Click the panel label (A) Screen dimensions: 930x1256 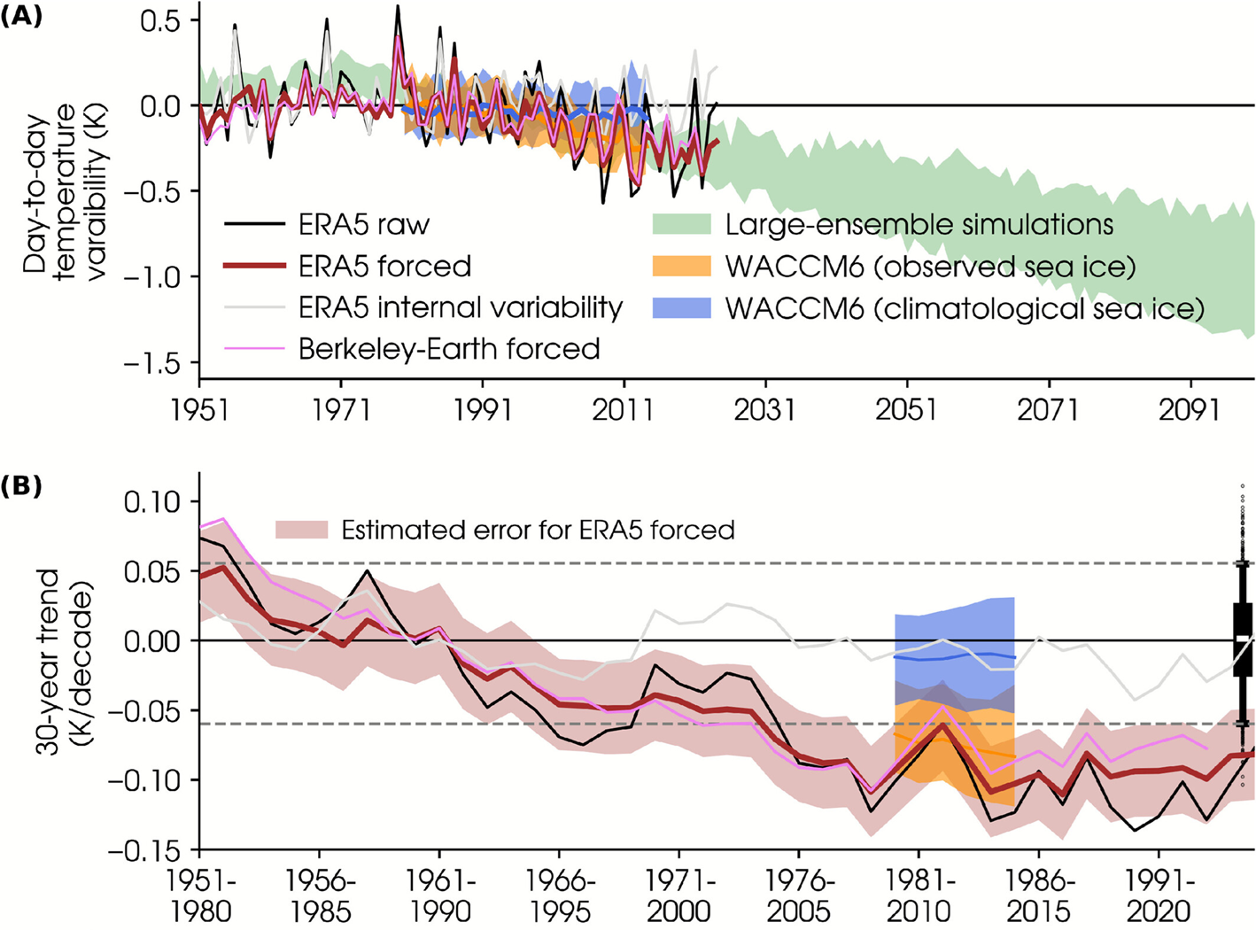21,17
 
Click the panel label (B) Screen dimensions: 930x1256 21,486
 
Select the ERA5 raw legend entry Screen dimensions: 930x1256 363,225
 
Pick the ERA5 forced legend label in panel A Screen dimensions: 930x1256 384,267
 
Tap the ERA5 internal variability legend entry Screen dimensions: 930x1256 460,307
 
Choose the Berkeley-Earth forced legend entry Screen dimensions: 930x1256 449,349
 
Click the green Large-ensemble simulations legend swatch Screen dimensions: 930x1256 681,224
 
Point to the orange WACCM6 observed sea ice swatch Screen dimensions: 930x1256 681,266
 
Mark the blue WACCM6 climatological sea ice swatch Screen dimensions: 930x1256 681,307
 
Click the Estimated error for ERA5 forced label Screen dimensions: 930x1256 538,531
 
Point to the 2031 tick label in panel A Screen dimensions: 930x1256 764,410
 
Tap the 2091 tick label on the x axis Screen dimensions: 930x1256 1190,410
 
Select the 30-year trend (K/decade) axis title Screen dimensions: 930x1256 63,662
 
